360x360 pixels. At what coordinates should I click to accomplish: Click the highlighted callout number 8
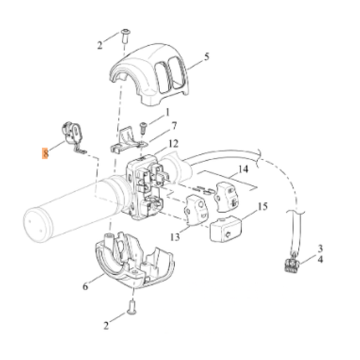coord(45,153)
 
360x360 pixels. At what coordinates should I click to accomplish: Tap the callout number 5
coord(207,56)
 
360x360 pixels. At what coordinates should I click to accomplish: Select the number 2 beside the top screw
coord(99,45)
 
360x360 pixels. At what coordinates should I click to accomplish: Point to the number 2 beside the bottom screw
coord(106,326)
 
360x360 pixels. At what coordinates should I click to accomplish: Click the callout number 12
coord(174,144)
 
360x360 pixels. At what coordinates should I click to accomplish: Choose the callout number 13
coord(174,236)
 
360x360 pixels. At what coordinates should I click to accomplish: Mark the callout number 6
coord(86,287)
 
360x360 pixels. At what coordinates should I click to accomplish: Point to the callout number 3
coord(320,249)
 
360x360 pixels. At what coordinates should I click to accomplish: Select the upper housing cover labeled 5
coord(152,74)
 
